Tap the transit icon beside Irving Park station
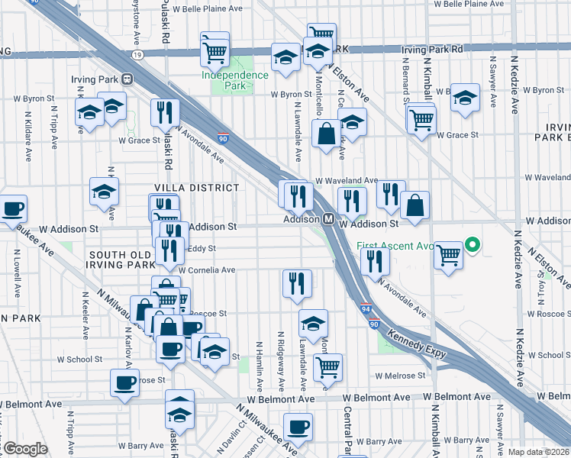pyautogui.click(x=128, y=79)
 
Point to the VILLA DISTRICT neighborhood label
pyautogui.click(x=197, y=187)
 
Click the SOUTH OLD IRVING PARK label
pyautogui.click(x=123, y=259)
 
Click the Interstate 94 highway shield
pyautogui.click(x=365, y=309)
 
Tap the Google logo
pyautogui.click(x=25, y=449)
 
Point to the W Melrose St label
pyautogui.click(x=393, y=376)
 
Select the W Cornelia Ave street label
pyautogui.click(x=207, y=270)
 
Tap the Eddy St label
pyautogui.click(x=202, y=248)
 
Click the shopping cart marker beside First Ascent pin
pyautogui.click(x=448, y=253)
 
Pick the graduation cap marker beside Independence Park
pyautogui.click(x=285, y=57)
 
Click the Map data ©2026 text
pyautogui.click(x=537, y=452)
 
